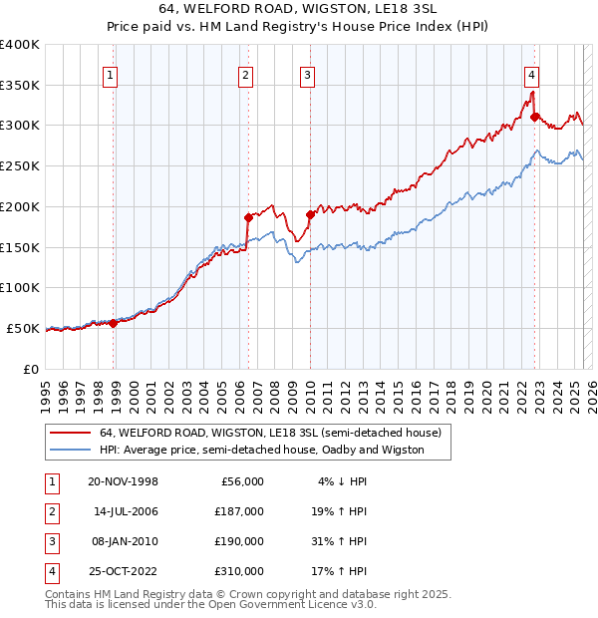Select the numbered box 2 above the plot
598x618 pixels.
pos(245,73)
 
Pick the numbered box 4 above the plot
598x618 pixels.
pos(532,73)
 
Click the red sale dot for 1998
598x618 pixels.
pos(114,323)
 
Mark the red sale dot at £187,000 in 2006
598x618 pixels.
pos(248,216)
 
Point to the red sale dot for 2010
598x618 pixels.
pos(310,214)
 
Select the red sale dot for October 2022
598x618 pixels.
pos(535,117)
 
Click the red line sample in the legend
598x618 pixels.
pos(71,433)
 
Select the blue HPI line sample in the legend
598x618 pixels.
pos(71,450)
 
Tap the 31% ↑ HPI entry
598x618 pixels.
pos(340,541)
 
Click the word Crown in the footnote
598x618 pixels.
pos(251,594)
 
